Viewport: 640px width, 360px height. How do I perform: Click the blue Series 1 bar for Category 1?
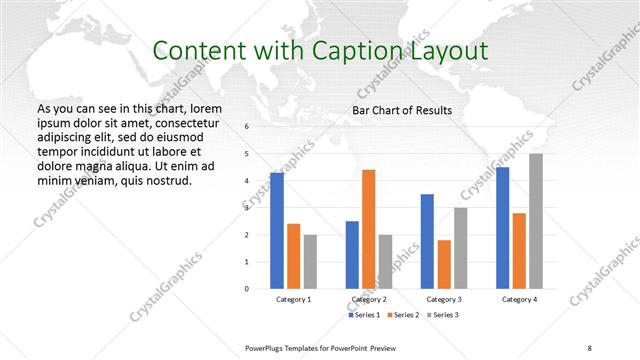click(x=277, y=231)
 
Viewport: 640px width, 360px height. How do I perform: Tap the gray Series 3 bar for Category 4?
click(x=536, y=221)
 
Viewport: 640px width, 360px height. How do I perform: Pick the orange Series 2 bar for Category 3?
click(x=444, y=264)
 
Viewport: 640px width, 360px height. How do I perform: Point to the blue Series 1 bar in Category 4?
click(x=502, y=228)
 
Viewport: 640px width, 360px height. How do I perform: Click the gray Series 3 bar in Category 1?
click(x=310, y=262)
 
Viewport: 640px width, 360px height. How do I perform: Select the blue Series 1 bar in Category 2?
click(x=352, y=255)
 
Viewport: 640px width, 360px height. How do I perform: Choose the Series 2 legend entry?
click(x=403, y=315)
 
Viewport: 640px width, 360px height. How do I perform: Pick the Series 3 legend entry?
click(x=443, y=315)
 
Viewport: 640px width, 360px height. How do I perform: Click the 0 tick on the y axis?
click(x=246, y=289)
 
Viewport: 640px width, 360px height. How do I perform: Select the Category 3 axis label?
click(x=443, y=299)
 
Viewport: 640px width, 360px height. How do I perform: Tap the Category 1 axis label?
click(x=293, y=299)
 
